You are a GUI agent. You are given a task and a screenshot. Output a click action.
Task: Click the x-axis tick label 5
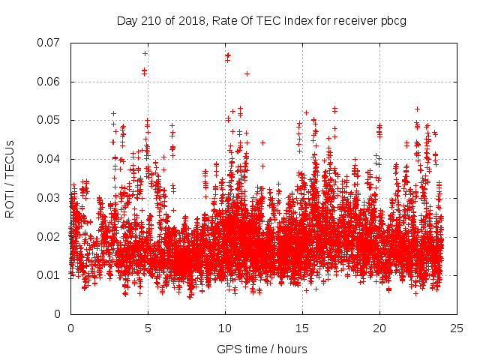(148, 328)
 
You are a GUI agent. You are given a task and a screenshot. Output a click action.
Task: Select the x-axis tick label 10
(225, 328)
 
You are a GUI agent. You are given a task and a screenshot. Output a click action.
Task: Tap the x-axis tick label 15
(302, 328)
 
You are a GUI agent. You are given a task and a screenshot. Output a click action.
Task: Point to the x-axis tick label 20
(379, 328)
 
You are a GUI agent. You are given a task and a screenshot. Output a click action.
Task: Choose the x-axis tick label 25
(457, 328)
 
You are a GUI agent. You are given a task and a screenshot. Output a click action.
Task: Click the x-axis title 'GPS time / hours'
(262, 349)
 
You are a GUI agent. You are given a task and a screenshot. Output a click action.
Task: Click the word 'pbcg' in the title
(393, 20)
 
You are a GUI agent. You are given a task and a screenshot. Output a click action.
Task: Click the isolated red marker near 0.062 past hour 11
(247, 73)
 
